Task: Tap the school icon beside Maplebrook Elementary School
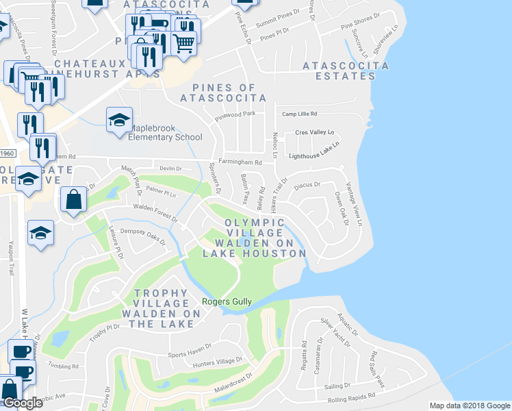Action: click(x=119, y=121)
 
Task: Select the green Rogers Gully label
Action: click(x=227, y=301)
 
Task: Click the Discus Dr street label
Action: click(x=307, y=184)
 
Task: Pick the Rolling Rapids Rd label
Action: click(x=352, y=395)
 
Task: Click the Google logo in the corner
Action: click(x=23, y=403)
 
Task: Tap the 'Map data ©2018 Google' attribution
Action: click(x=470, y=406)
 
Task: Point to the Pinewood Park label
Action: click(x=234, y=114)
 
